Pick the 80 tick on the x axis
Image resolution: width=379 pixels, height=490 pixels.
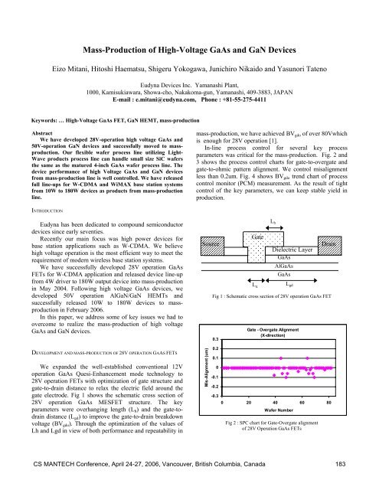pos(328,401)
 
